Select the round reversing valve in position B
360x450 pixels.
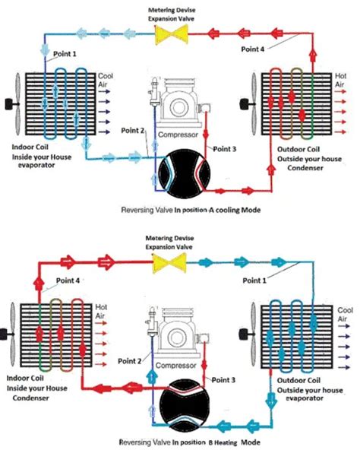[x=180, y=402]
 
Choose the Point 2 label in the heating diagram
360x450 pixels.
[x=131, y=363]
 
